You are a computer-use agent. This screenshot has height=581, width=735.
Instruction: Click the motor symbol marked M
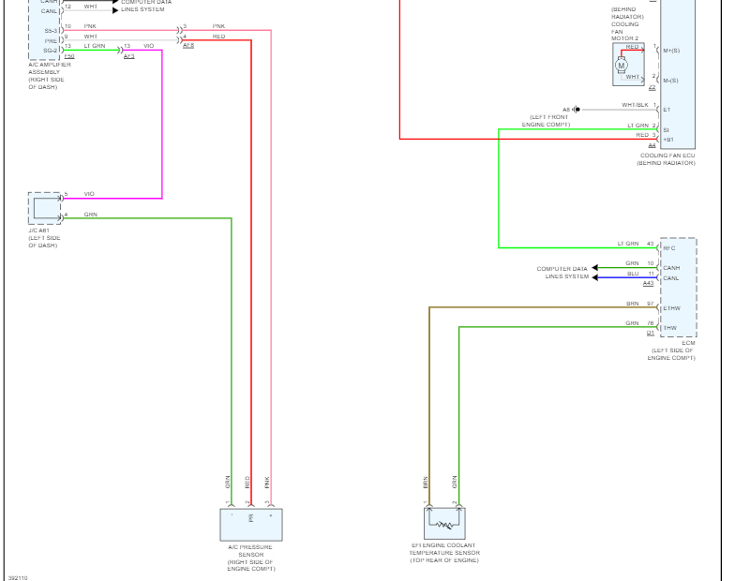(621, 65)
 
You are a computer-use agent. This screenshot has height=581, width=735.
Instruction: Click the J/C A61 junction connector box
(45, 208)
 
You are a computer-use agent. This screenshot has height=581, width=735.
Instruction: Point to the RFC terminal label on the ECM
(669, 247)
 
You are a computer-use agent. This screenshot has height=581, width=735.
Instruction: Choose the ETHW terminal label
(671, 308)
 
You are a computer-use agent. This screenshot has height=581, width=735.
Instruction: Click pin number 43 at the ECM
(650, 244)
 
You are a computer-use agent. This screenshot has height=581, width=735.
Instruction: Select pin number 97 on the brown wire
(650, 304)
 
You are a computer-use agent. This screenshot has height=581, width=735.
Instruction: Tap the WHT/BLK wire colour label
(634, 105)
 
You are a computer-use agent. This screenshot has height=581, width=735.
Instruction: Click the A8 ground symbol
(577, 110)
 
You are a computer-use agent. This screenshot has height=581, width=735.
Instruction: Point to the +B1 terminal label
(668, 139)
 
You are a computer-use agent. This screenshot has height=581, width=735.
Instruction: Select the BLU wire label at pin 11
(633, 274)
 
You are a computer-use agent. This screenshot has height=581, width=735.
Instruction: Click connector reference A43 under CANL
(648, 283)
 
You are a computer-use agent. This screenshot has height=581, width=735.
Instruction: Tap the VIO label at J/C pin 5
(89, 194)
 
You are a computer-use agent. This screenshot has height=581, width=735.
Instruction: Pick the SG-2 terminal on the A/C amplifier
(51, 50)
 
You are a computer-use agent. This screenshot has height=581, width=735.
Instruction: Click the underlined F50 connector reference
(69, 57)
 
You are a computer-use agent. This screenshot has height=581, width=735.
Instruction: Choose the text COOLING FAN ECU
(667, 156)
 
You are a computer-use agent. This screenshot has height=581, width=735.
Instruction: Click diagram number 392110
(18, 577)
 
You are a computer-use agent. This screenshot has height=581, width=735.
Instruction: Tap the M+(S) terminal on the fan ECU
(670, 51)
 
